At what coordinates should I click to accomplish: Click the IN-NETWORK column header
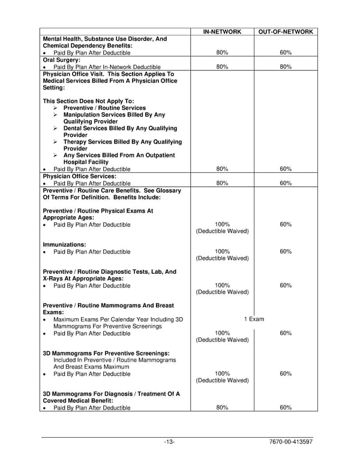coord(222,32)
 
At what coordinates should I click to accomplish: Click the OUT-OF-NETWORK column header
coord(285,32)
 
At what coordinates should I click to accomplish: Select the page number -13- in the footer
coord(169,443)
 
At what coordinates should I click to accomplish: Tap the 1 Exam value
coord(254,319)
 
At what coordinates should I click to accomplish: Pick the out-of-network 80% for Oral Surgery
coord(286,67)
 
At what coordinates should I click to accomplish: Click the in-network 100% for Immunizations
coord(222,252)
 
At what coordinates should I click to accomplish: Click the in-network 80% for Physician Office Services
coord(222,183)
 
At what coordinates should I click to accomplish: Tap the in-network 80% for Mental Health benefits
coord(222,53)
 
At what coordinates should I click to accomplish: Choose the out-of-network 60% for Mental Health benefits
coord(286,53)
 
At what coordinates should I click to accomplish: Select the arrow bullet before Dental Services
coord(56,129)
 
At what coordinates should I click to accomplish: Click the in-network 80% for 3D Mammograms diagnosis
coord(222,408)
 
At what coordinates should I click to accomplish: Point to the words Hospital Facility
coord(86,162)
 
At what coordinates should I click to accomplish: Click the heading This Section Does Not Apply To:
coord(89,101)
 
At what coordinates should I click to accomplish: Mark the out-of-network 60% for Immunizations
coord(286,252)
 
